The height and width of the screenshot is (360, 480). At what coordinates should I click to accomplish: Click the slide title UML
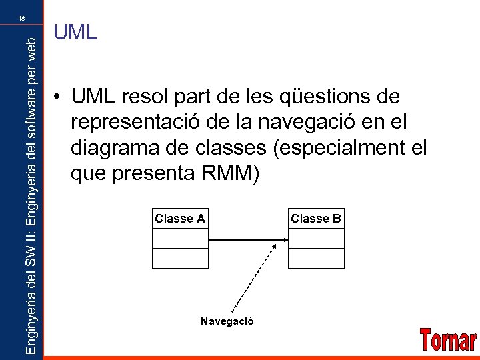[75, 33]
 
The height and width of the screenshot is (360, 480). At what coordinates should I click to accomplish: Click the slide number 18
[22, 18]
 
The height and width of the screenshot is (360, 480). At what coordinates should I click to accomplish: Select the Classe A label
[180, 219]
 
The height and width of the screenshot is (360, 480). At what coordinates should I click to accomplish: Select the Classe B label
[316, 219]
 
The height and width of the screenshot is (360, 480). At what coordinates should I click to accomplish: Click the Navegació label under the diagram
[227, 321]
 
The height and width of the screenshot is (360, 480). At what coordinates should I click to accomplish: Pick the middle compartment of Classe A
[180, 239]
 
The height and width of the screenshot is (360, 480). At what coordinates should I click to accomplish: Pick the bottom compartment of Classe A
[180, 258]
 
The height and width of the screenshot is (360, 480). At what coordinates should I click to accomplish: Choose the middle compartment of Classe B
[316, 239]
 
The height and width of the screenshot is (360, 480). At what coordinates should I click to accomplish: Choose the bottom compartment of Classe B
[316, 258]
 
